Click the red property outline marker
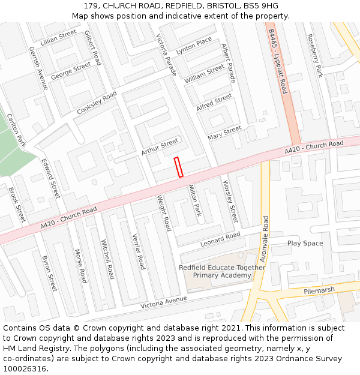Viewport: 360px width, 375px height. pos(178,167)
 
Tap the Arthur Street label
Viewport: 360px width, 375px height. pos(160,146)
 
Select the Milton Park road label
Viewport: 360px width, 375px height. pos(196,201)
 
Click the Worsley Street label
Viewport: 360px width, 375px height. pos(230,201)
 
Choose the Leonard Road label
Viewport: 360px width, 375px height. pos(220,238)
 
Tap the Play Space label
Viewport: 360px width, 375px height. pos(305,243)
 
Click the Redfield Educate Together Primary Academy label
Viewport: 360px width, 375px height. pos(222,271)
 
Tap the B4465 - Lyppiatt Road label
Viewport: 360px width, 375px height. pos(278,62)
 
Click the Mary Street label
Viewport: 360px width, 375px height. pos(224,133)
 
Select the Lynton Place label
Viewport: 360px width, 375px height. pos(194,46)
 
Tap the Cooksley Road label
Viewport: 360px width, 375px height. pos(97,103)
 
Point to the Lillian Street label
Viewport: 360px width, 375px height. pos(59,38)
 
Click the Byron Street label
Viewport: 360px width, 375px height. pos(49,274)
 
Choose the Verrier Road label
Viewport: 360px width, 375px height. pos(139,251)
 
